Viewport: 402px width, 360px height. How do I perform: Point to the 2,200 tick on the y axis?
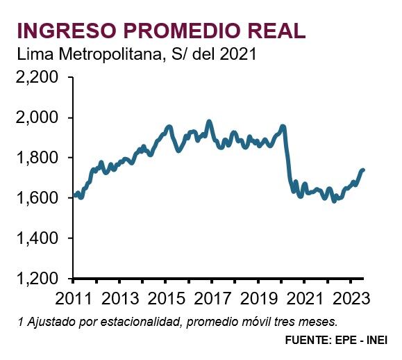click(x=38, y=78)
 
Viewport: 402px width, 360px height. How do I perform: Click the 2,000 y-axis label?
click(x=38, y=117)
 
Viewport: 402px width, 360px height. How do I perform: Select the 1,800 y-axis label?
click(x=38, y=158)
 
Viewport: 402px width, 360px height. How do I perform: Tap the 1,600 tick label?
click(x=38, y=198)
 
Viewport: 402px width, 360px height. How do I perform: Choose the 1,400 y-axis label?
click(x=38, y=238)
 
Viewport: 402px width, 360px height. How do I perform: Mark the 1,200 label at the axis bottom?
click(x=38, y=279)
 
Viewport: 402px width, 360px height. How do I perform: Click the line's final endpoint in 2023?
click(x=363, y=170)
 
